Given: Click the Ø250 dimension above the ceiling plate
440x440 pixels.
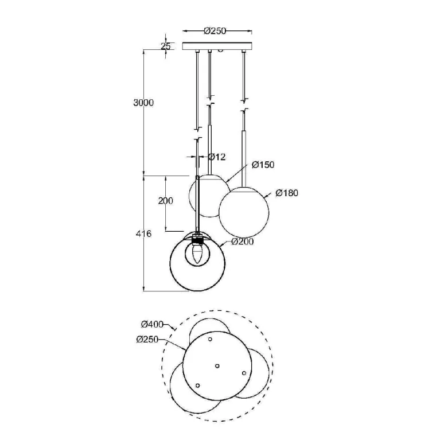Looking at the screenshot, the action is coord(215,30).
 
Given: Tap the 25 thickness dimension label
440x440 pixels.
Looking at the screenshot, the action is coord(166,46).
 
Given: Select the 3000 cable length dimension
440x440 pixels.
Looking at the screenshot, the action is coord(143,103).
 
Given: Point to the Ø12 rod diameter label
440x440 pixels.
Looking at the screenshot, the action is coord(217,157).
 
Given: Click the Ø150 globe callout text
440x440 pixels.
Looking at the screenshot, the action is coord(263,165).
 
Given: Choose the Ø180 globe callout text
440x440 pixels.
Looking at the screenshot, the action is coord(287,193).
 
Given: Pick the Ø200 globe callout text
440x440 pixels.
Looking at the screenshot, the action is coord(243,242).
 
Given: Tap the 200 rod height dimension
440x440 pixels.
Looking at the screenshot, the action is coord(166,201).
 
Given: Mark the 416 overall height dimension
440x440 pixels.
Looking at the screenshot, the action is coord(143,233).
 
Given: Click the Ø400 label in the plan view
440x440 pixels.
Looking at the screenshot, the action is coord(152,324).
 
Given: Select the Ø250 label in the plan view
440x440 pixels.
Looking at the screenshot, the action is coord(147,340).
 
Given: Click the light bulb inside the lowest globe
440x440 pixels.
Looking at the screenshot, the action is coord(197,254).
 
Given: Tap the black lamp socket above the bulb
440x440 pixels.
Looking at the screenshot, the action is coord(197,240).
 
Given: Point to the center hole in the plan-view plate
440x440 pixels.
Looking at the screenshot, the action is coord(217,366).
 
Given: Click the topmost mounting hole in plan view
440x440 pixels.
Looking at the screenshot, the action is coord(210,339).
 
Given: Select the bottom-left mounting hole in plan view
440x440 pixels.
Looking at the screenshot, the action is coord(197,386).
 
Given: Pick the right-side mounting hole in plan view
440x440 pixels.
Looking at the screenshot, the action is coord(244,373).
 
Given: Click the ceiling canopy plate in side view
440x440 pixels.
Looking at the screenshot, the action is coord(217,46).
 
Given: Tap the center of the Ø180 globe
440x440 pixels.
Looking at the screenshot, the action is coord(244,212).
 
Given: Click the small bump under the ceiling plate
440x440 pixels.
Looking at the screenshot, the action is coord(220,51).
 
